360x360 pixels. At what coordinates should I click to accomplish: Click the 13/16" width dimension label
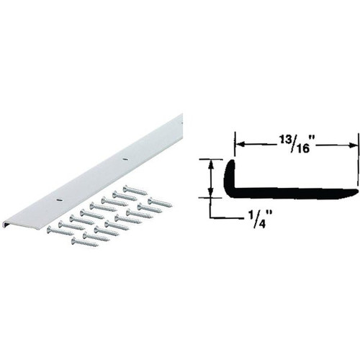tap(295, 145)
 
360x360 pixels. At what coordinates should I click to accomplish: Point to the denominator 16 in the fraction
tap(301, 149)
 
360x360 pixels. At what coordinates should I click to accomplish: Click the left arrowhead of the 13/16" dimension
tap(239, 145)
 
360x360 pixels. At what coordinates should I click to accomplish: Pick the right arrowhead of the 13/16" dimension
tap(353, 145)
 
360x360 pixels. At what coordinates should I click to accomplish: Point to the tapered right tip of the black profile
tap(355, 192)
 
